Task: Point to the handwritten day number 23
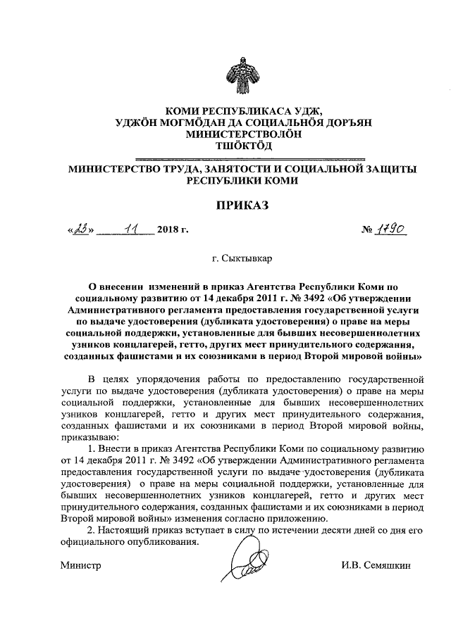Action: (80, 229)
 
